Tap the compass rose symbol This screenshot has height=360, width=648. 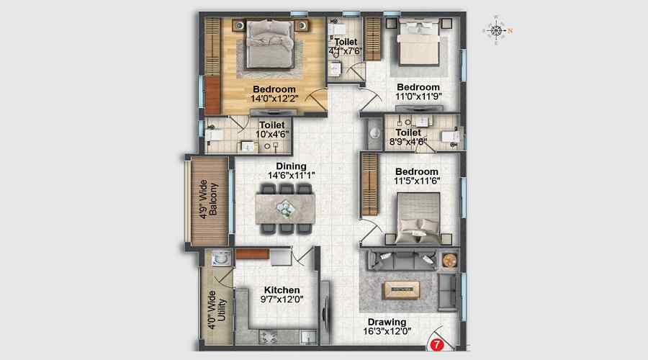point(496,30)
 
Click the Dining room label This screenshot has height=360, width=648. point(292,166)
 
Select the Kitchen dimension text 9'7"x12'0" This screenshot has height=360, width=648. point(282,300)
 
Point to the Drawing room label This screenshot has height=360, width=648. point(387,322)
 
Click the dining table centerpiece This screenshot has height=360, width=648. point(285,208)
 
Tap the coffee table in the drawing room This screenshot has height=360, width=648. point(401,289)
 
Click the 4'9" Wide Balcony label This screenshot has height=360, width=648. point(208,199)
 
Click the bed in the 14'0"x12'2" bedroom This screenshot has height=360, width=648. point(270,44)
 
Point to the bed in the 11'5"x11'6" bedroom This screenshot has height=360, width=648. point(418,218)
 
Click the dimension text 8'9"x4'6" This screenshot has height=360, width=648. point(408,142)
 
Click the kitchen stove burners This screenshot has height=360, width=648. point(268,337)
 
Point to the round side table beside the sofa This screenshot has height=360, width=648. point(449,261)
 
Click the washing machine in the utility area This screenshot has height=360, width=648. point(220,258)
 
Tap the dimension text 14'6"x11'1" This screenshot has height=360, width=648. point(292,176)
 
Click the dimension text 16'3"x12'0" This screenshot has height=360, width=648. point(387,331)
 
